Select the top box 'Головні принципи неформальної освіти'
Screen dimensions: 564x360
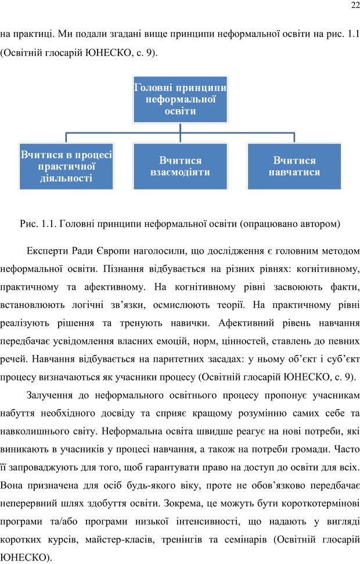180,99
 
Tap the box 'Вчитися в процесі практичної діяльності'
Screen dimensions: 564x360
66,166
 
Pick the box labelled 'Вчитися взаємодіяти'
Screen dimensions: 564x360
180,166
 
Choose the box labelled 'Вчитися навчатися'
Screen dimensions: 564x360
294,166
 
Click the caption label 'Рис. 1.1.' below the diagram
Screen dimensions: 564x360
38,223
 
